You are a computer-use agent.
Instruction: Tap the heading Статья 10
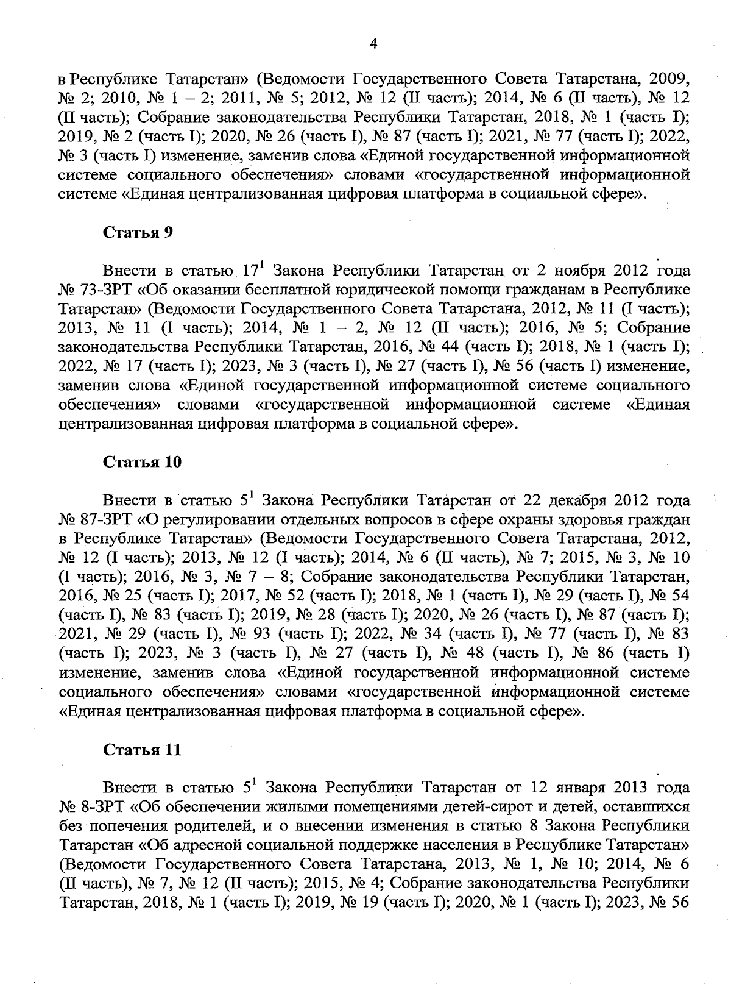pos(142,461)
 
